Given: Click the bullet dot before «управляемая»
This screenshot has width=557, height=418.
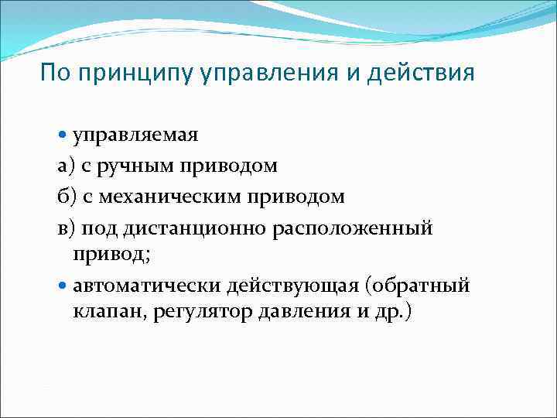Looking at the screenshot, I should click(x=63, y=135).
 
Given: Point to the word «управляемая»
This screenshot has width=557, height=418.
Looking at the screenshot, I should click(x=135, y=135).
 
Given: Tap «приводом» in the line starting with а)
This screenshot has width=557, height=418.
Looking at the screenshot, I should click(x=227, y=166).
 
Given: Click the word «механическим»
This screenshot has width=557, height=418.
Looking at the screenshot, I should click(x=182, y=197).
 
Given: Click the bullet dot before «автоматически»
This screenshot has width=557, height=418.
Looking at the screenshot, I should click(x=63, y=286).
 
